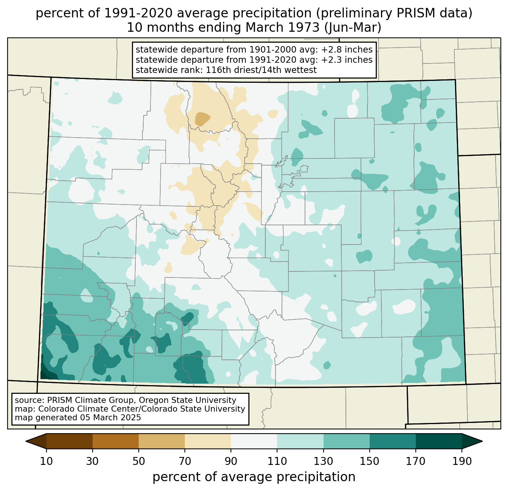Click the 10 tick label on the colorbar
[x=46, y=461]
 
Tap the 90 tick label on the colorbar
[x=231, y=461]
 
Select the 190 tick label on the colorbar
[x=462, y=461]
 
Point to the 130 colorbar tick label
[x=324, y=461]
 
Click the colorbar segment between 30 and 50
[x=116, y=441]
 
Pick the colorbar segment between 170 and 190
[x=439, y=441]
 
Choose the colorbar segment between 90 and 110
[x=254, y=441]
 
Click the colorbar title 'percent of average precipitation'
[x=254, y=477]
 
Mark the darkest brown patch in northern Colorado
[x=202, y=118]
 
